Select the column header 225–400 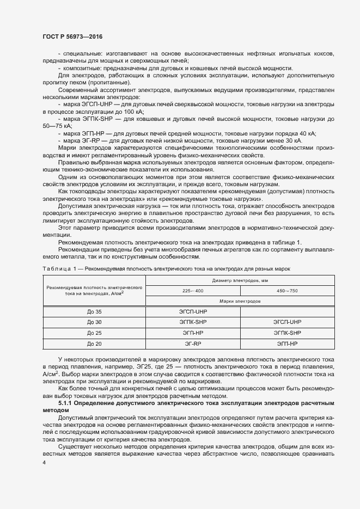click(193, 291)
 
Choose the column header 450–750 click(287, 291)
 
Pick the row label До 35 click(94, 311)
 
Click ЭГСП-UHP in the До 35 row click(193, 311)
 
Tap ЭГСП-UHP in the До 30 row click(287, 322)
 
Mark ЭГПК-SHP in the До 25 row click(287, 333)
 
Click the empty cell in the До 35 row click(287, 311)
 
